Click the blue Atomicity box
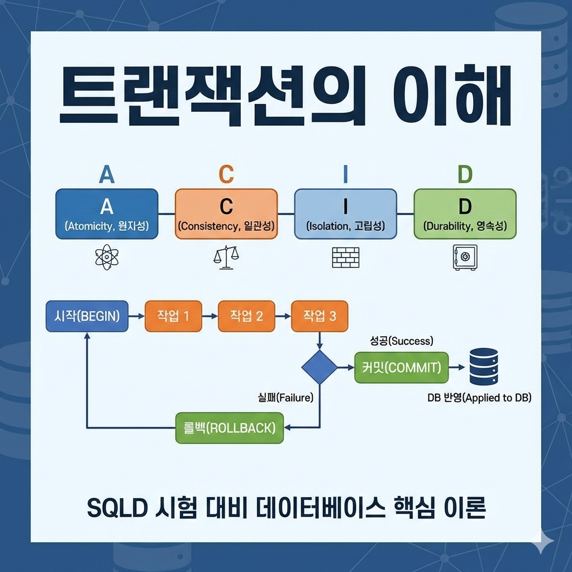click(107, 214)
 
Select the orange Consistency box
click(226, 214)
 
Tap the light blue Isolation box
click(345, 214)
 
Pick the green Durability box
click(465, 214)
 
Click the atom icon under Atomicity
click(107, 257)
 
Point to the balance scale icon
click(226, 257)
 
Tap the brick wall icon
click(345, 257)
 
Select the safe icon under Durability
click(465, 257)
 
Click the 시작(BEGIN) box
click(87, 316)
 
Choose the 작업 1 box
click(173, 316)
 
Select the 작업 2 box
click(246, 316)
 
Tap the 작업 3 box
click(320, 316)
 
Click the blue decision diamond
click(320, 367)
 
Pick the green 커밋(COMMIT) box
click(401, 368)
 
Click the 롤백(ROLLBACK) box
click(230, 428)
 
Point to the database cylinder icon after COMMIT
click(483, 366)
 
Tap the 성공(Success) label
click(402, 341)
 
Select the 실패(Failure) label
click(283, 398)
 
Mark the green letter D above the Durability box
click(465, 175)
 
